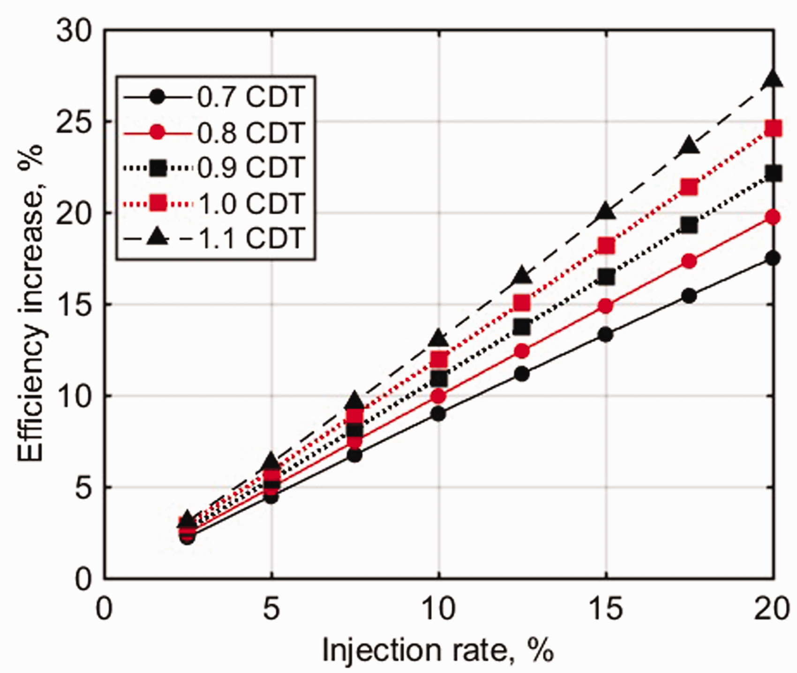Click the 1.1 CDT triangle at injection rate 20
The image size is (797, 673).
pos(773,79)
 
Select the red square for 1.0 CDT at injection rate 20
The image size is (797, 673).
pos(773,128)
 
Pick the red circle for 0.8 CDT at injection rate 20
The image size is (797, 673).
pos(773,217)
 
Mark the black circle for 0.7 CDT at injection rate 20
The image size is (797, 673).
pos(773,258)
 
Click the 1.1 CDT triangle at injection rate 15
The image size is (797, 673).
pos(606,211)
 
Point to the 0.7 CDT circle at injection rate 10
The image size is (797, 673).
pos(438,414)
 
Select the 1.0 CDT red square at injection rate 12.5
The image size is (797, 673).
pos(522,303)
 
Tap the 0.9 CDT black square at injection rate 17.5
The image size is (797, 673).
pos(689,226)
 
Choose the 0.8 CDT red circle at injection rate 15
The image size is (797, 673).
pos(606,306)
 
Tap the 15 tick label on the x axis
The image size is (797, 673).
pos(606,610)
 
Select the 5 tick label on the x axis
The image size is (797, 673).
pos(271,610)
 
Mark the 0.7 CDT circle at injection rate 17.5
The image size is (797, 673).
pos(689,296)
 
